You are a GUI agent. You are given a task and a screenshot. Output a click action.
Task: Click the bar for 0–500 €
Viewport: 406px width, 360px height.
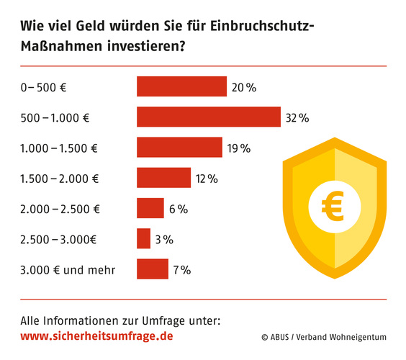(x=181, y=86)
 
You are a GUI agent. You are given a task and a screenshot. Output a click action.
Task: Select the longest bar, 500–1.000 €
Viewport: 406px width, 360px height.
(x=208, y=117)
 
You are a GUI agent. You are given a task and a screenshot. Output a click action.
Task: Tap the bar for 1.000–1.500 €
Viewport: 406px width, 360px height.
(x=179, y=148)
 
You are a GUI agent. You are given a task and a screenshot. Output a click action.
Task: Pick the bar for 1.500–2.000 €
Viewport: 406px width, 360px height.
(x=163, y=178)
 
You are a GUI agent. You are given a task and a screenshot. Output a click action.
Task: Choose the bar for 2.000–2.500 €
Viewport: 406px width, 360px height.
(x=150, y=208)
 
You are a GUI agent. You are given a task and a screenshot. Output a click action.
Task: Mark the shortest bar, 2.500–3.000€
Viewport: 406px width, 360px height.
(x=143, y=239)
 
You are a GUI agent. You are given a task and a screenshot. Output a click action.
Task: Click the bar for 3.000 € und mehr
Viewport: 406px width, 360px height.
(x=152, y=269)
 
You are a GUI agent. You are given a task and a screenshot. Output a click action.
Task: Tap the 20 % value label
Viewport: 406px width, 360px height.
(x=243, y=87)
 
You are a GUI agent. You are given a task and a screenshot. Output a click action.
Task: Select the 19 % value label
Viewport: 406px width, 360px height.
(x=238, y=148)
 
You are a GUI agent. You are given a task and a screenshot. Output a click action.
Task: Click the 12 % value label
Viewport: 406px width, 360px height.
(x=207, y=179)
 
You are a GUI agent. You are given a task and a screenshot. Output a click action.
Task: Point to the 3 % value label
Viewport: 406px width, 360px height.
(x=163, y=240)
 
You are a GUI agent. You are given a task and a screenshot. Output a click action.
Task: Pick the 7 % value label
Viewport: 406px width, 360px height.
(x=181, y=270)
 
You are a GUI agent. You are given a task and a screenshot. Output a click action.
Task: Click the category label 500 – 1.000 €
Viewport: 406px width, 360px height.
(x=58, y=117)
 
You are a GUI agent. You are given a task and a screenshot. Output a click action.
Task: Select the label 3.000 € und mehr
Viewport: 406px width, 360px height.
(x=68, y=270)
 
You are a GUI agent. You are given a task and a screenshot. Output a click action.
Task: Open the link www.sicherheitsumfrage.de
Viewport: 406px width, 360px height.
(x=96, y=336)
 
